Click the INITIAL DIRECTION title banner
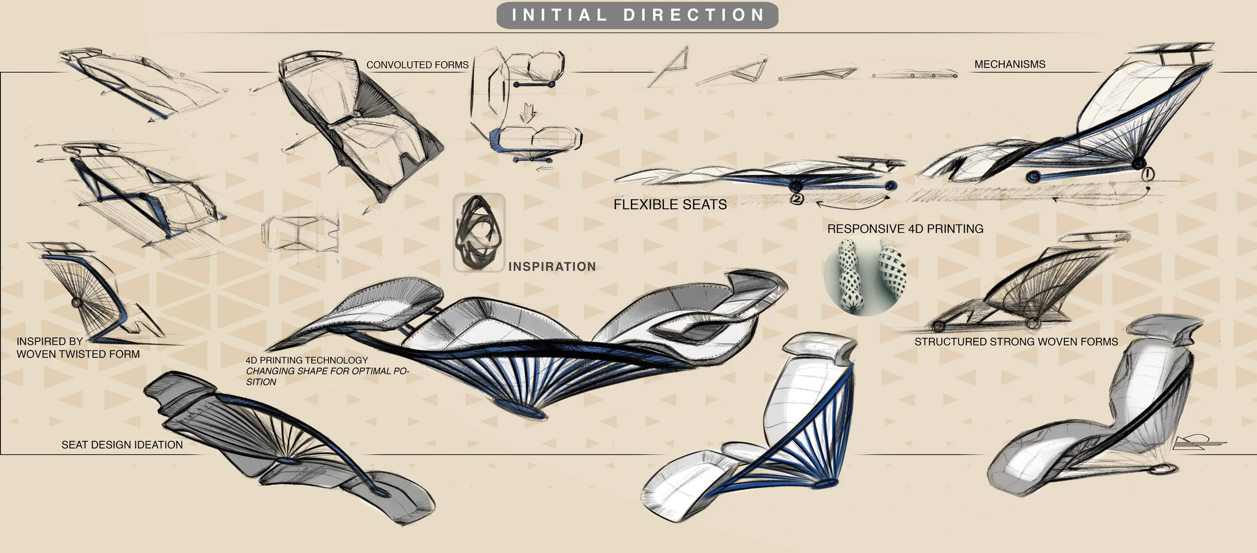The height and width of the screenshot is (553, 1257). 637,15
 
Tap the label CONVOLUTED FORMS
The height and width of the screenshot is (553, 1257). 417,65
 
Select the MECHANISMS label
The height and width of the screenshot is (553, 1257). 1010,64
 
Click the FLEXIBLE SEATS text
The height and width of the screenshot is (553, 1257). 670,205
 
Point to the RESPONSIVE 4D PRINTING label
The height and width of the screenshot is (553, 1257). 905,229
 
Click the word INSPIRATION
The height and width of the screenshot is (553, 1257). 552,266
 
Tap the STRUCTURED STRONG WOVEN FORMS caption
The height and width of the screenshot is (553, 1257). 1016,342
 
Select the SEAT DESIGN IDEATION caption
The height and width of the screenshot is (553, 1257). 122,445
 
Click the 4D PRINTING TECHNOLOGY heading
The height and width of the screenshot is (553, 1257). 307,360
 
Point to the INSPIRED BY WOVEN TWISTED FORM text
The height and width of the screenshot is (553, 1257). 78,348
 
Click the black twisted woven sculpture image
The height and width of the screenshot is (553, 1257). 479,233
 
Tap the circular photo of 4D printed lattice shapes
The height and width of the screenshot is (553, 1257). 864,276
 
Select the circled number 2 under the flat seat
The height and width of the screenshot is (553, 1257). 797,199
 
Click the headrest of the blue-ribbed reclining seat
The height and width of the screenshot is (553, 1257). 820,347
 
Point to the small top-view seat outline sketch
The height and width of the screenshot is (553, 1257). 300,233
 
